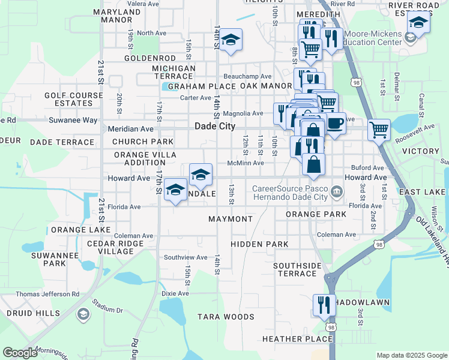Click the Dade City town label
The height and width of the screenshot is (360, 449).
tap(215, 127)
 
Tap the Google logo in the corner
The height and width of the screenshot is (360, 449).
tap(20, 353)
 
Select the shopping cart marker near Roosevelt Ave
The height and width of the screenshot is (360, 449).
tap(379, 128)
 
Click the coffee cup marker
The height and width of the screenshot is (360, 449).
tap(336, 123)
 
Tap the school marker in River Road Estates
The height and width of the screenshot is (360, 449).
tap(418, 23)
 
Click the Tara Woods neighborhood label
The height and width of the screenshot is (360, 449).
tap(226, 317)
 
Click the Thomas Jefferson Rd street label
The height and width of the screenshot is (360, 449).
tap(47, 294)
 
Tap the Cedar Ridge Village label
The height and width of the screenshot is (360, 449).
tap(115, 248)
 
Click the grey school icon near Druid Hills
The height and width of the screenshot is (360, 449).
tap(83, 314)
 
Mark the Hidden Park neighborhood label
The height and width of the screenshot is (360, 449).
tap(259, 244)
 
